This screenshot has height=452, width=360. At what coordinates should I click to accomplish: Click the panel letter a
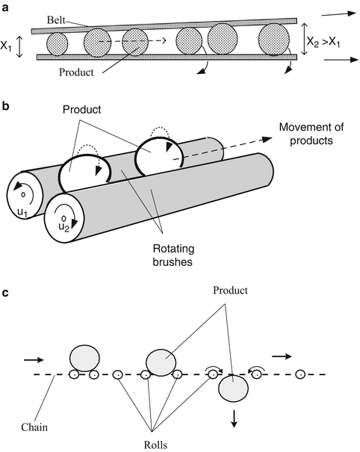[5, 6]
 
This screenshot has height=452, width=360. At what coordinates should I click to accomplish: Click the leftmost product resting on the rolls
[83, 358]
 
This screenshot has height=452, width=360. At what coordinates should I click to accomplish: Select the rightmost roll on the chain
[300, 374]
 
